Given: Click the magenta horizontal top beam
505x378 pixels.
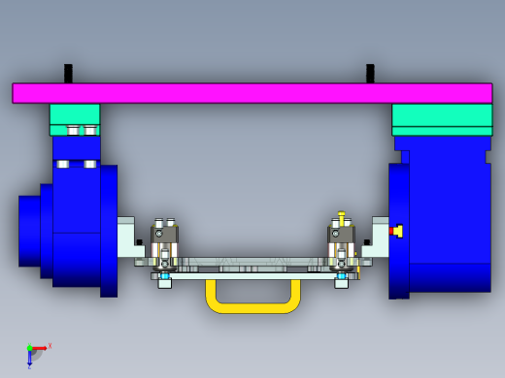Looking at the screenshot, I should pyautogui.click(x=252, y=93).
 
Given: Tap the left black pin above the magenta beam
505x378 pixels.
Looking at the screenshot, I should pyautogui.click(x=68, y=73).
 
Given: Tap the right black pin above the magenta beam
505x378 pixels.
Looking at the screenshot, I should pyautogui.click(x=370, y=73).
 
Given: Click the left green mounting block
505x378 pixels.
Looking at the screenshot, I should pyautogui.click(x=75, y=114).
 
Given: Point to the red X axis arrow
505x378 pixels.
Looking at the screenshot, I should pyautogui.click(x=40, y=347).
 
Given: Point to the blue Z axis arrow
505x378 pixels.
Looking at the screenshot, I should pyautogui.click(x=29, y=358).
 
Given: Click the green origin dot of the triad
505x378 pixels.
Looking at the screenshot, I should pyautogui.click(x=29, y=348).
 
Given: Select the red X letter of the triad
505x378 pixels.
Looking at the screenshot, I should pyautogui.click(x=50, y=345).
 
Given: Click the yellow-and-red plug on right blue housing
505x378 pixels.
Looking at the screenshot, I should pyautogui.click(x=396, y=231).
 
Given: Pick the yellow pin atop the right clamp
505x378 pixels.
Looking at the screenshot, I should pyautogui.click(x=341, y=217).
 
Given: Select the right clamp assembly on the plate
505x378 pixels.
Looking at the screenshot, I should pyautogui.click(x=341, y=246).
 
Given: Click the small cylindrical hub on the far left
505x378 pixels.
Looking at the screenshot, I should pyautogui.click(x=29, y=230).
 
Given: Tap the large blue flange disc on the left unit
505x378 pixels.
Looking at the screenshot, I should pyautogui.click(x=109, y=231).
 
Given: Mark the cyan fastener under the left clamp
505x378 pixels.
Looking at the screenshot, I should pyautogui.click(x=165, y=276).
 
